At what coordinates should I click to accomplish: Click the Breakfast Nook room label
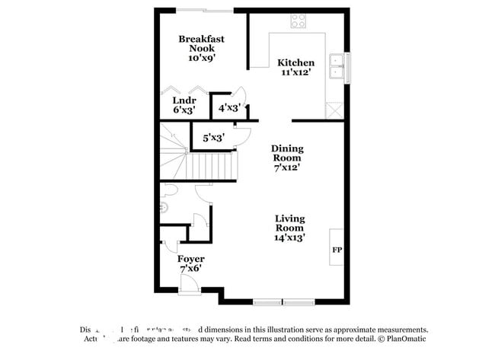(202, 43)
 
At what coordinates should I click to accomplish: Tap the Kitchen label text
(295, 63)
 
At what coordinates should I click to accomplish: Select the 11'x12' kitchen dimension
(295, 73)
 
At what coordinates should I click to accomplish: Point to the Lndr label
(184, 100)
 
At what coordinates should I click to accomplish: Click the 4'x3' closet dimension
(228, 108)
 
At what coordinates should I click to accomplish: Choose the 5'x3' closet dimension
(213, 138)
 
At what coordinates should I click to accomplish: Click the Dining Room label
(288, 154)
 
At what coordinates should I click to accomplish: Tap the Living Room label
(289, 223)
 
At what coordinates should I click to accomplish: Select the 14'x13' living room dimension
(289, 237)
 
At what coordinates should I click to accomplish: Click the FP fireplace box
(337, 247)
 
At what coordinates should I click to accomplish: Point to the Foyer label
(190, 259)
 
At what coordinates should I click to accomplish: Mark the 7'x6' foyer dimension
(190, 269)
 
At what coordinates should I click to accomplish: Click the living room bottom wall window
(283, 303)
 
